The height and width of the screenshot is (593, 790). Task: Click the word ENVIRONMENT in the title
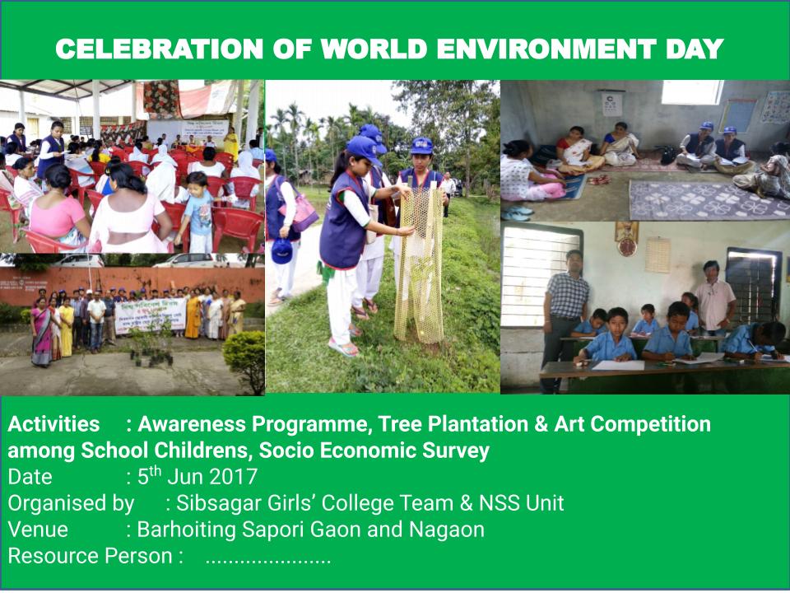pos(546,49)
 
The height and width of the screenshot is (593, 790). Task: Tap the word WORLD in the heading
pos(374,49)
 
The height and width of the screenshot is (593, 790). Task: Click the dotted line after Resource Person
pos(268,560)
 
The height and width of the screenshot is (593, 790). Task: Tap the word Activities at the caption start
pos(53,423)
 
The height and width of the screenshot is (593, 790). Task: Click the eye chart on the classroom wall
pos(612,103)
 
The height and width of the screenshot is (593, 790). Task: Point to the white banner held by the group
pos(150,315)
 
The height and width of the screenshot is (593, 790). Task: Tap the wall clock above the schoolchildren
pos(627,246)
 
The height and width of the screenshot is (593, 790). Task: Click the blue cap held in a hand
pos(281,251)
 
